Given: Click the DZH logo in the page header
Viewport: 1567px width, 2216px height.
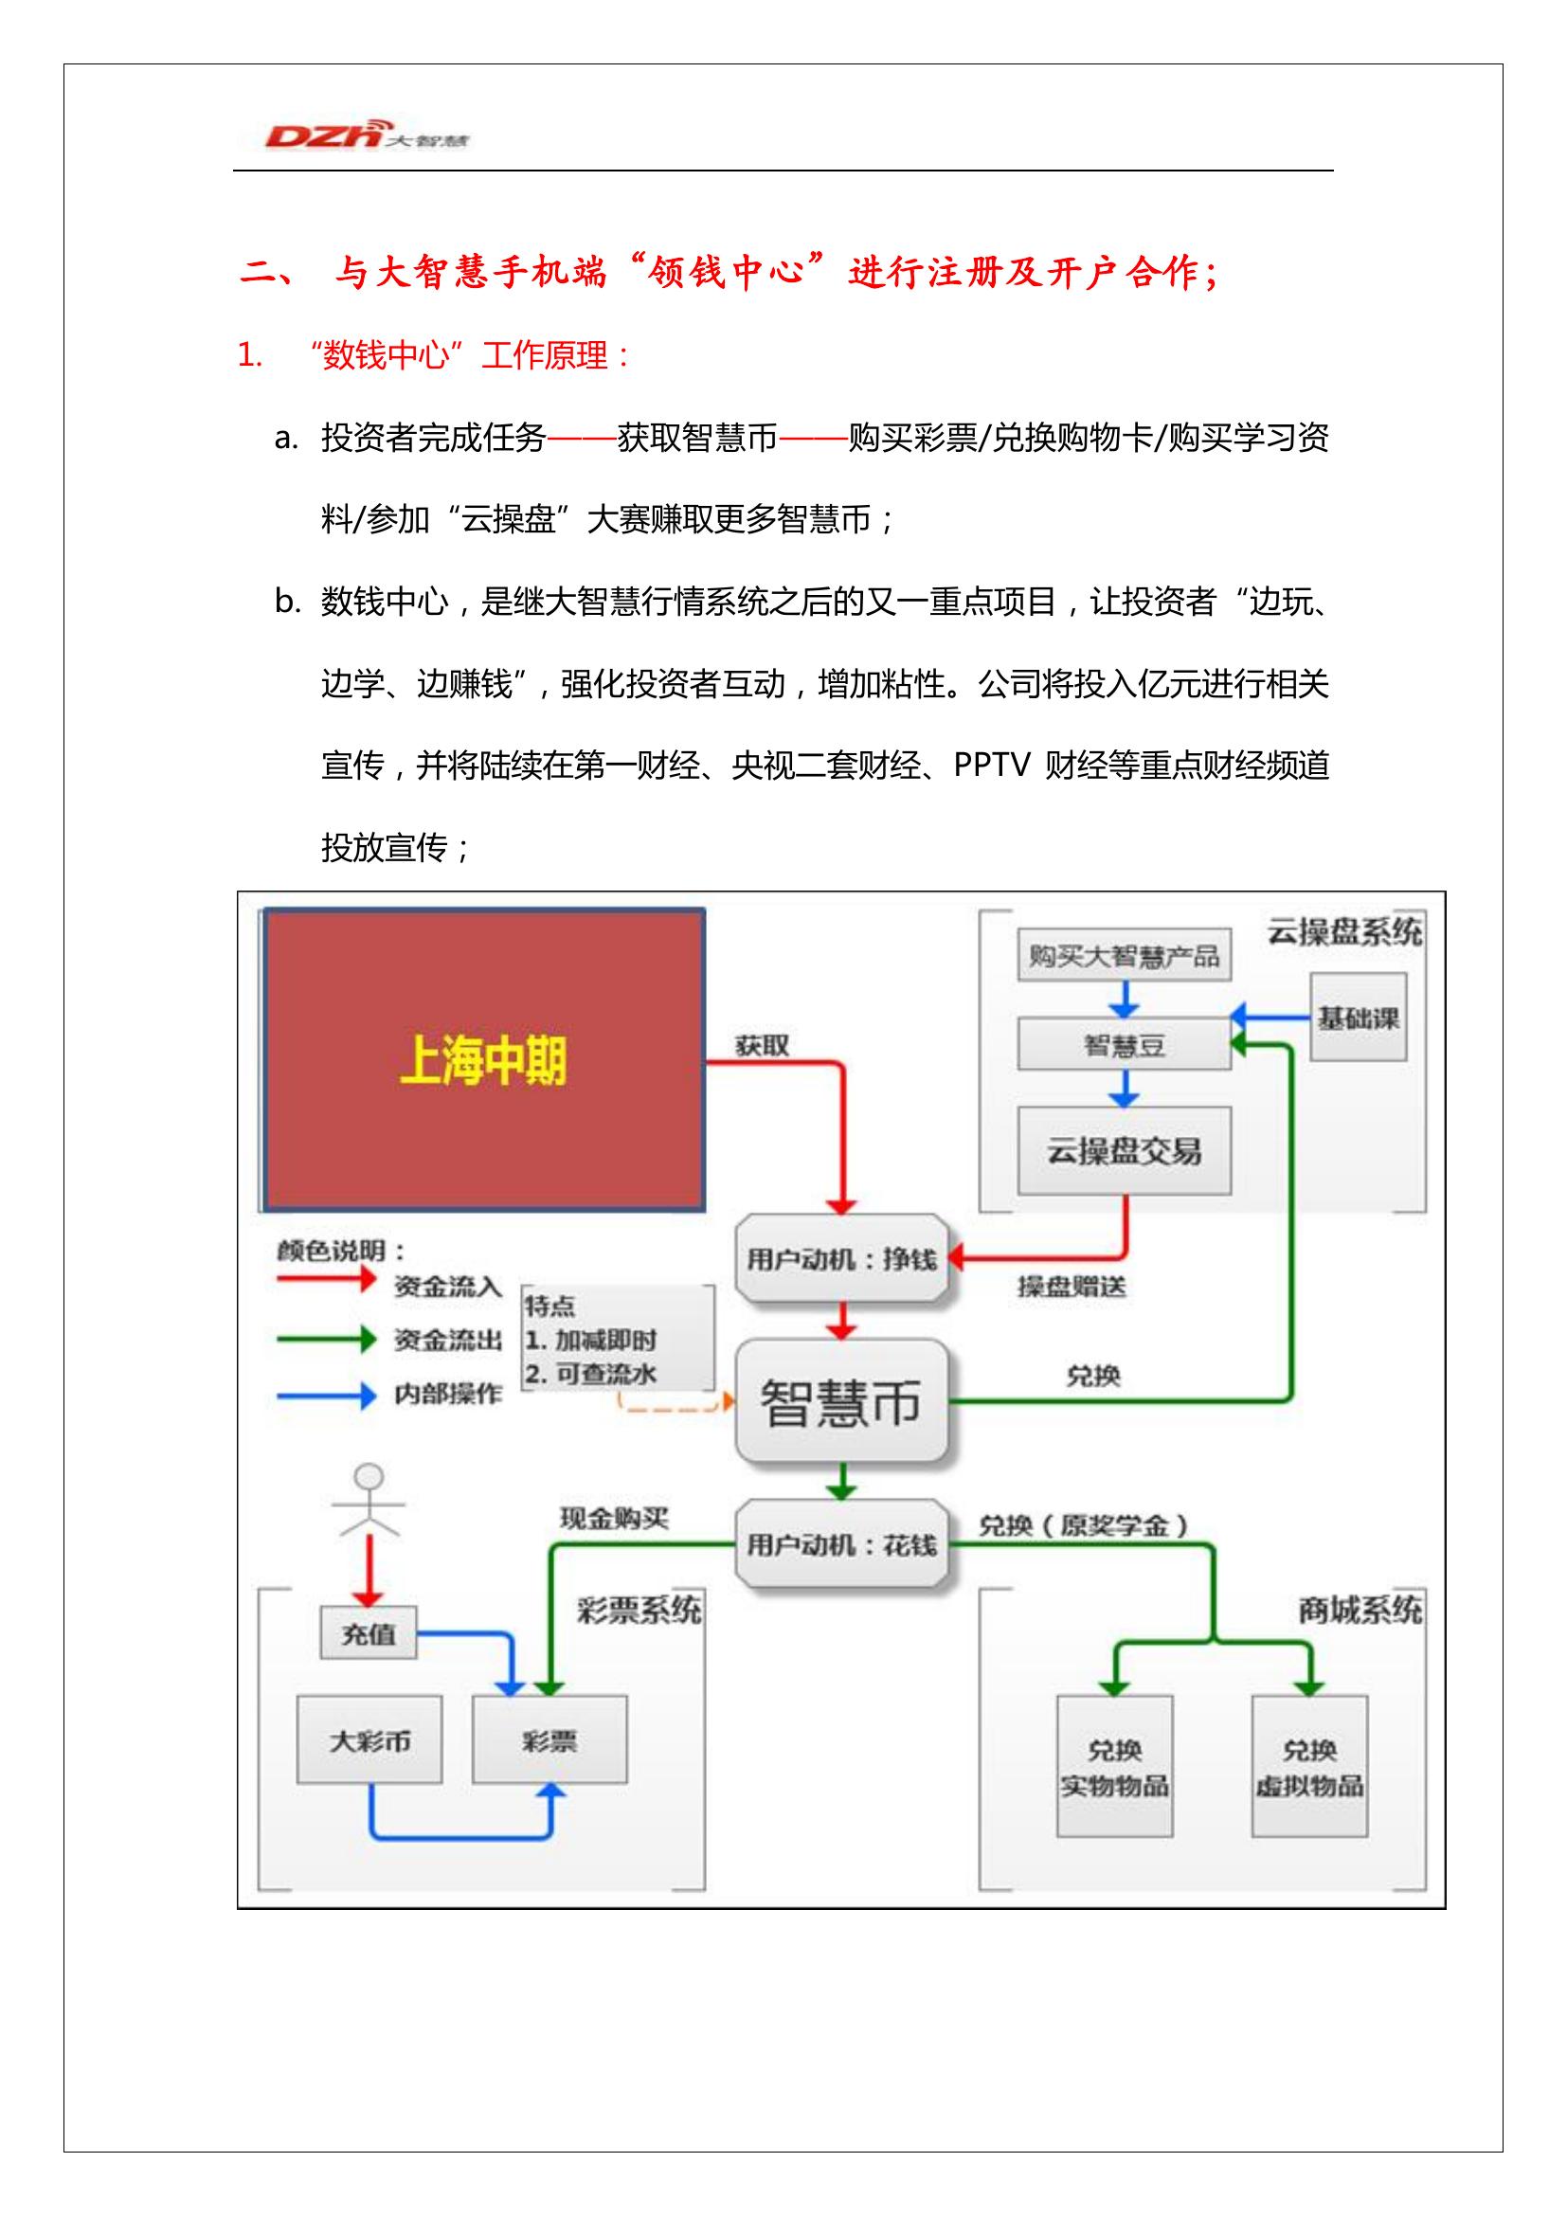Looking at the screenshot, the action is pos(368,135).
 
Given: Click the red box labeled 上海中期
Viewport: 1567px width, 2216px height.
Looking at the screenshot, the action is pos(483,1060).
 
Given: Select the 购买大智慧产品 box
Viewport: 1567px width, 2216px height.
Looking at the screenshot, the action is pos(1125,956).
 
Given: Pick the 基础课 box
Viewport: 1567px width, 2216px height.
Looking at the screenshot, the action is pos(1358,1018).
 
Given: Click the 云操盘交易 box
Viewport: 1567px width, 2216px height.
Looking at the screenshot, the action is pos(1125,1150).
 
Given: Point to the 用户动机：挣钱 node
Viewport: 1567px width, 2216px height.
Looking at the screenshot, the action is pos(841,1257).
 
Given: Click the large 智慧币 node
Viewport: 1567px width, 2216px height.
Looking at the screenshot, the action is pos(841,1401).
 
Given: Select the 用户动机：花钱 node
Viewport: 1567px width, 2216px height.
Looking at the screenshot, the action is pos(841,1544).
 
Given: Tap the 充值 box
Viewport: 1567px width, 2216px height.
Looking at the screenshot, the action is pos(369,1633).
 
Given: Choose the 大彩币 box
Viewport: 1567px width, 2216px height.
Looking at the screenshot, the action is pos(369,1740).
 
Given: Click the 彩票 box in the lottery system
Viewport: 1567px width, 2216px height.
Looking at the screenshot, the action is pos(549,1740).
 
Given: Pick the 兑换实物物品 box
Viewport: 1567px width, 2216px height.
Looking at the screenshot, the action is pos(1114,1766).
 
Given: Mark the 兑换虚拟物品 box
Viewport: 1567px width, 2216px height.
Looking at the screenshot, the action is pos(1309,1766).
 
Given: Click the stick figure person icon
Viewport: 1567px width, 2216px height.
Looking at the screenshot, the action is pos(369,1502).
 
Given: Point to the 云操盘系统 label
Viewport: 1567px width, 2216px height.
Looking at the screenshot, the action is pos(1344,932).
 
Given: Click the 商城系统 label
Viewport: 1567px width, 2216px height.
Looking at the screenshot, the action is pos(1360,1610).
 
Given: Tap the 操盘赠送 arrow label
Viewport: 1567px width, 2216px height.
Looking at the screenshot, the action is pos(1072,1287).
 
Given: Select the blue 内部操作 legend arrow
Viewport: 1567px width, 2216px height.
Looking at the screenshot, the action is pos(326,1395).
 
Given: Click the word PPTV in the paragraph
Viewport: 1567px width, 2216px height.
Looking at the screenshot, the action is pos(993,766).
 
